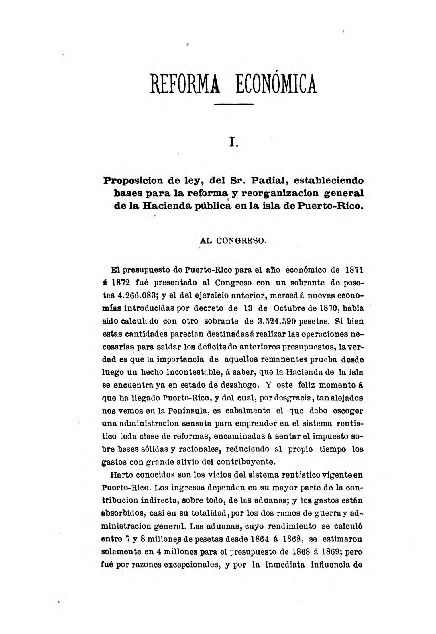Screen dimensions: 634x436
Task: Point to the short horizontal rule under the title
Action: tap(233, 104)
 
